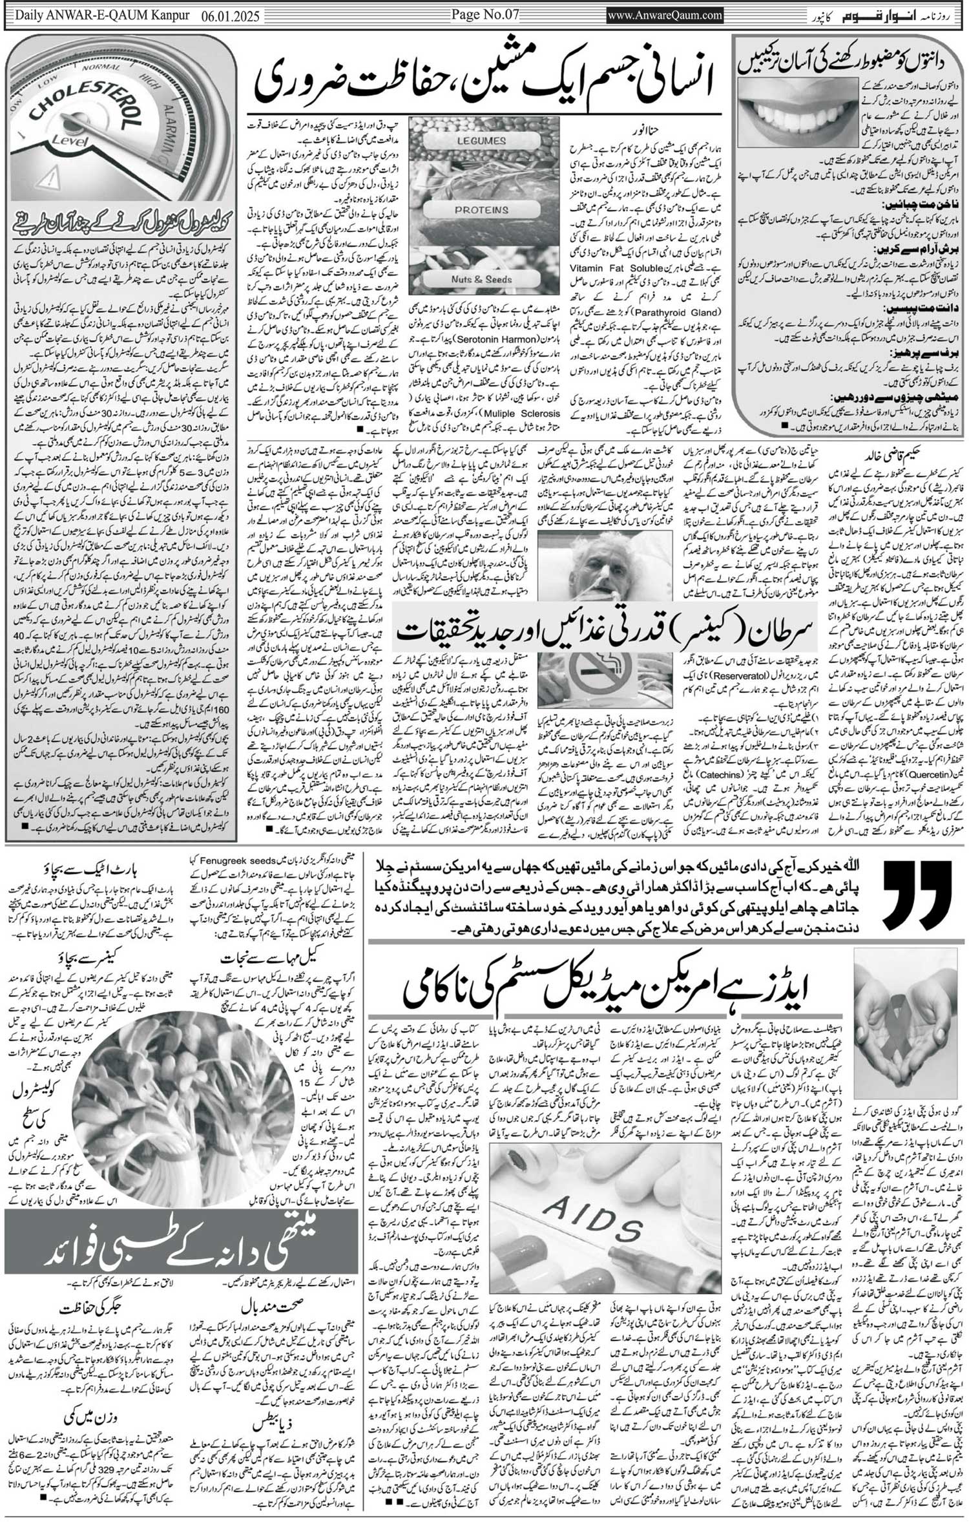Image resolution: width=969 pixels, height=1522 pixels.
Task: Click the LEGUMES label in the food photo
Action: coord(481,140)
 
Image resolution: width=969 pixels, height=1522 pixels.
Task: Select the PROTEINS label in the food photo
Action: coord(481,210)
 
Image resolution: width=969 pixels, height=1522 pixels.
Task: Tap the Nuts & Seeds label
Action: coord(481,279)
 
